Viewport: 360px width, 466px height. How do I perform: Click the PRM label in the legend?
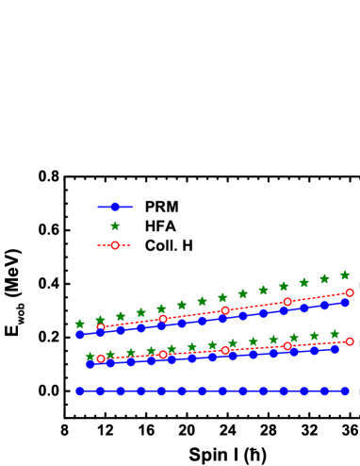point(161,207)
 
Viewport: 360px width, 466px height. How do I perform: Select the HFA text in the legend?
point(161,226)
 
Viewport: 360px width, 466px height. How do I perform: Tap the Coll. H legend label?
point(169,245)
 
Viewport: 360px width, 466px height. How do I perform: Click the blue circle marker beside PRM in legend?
point(115,207)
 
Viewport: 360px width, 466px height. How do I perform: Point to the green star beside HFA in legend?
point(115,226)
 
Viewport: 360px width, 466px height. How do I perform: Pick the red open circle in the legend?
point(115,245)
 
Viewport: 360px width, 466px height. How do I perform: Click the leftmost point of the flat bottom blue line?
point(80,391)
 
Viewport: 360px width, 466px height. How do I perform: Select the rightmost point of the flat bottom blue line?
point(345,391)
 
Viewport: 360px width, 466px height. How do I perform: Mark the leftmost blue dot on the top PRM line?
point(80,334)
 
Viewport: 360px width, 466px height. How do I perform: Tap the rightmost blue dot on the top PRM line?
point(345,303)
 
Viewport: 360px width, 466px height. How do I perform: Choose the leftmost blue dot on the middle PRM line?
point(90,363)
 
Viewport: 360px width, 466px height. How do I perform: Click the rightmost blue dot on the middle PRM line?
point(335,349)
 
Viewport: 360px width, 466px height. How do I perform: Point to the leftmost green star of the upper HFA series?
point(80,324)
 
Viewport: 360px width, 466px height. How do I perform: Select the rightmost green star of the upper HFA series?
point(345,275)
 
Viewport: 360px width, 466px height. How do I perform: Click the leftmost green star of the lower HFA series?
point(90,356)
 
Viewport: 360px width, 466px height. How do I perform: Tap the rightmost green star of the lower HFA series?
point(335,334)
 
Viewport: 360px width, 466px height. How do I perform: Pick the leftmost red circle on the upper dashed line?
point(101,326)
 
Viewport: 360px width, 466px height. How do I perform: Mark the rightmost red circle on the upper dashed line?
point(350,292)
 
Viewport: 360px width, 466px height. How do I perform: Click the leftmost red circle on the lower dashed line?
point(101,358)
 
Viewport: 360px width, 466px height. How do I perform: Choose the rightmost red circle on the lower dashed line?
point(350,341)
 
